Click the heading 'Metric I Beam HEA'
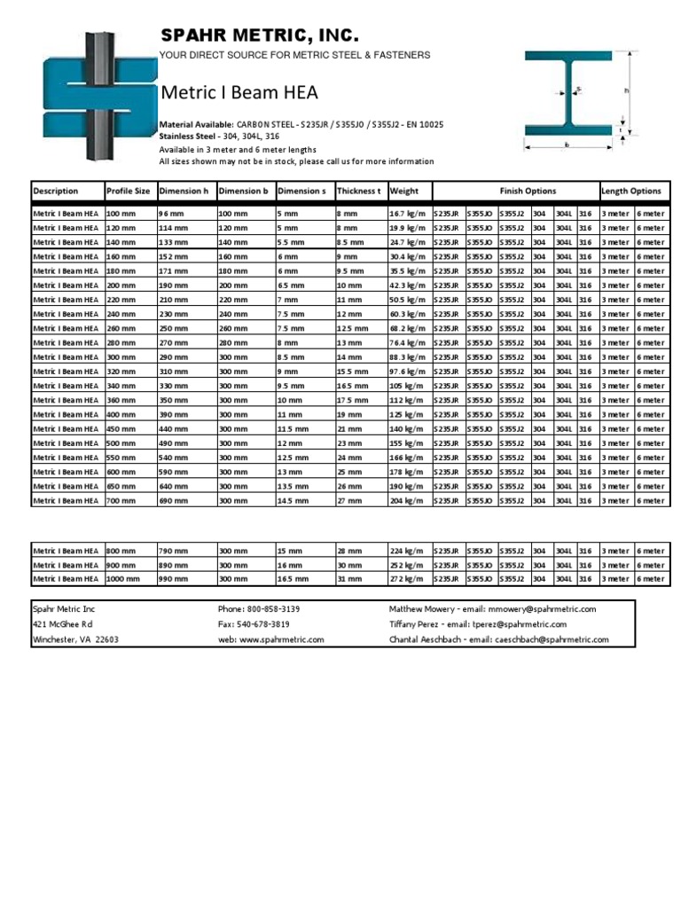239,93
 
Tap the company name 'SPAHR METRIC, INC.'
259,35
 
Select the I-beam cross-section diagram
575,97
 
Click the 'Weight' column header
403,191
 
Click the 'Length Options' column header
630,191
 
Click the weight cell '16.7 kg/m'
408,214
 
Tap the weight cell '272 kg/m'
408,579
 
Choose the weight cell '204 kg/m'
408,501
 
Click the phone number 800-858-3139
259,609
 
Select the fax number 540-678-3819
254,624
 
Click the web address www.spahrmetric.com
270,639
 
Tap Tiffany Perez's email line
478,624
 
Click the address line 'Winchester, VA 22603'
75,639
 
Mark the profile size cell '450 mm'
121,429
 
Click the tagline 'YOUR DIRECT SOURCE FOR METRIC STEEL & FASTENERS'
294,55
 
